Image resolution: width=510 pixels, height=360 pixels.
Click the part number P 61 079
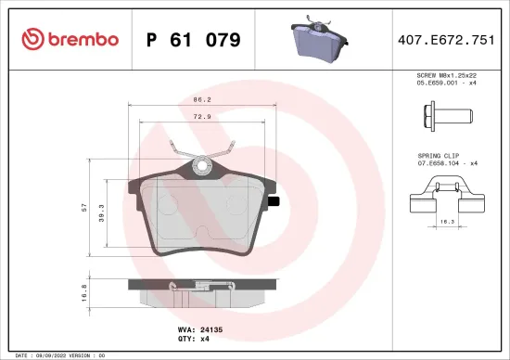click(x=194, y=40)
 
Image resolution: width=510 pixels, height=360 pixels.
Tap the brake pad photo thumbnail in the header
click(x=317, y=39)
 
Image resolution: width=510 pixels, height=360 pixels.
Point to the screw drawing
click(x=447, y=119)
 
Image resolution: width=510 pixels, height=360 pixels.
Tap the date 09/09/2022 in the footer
click(x=48, y=355)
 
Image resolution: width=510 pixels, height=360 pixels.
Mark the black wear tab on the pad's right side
click(x=274, y=201)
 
